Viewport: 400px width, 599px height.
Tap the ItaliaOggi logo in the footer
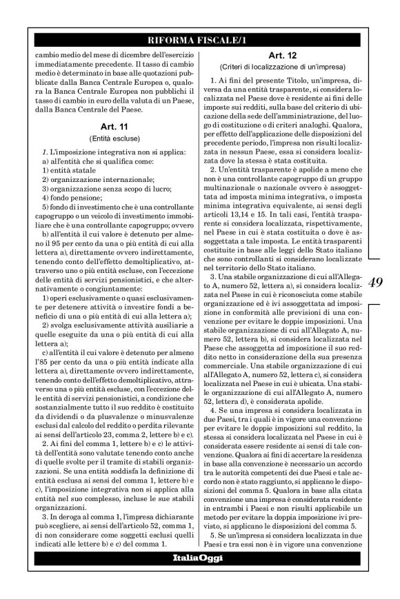click(x=199, y=557)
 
